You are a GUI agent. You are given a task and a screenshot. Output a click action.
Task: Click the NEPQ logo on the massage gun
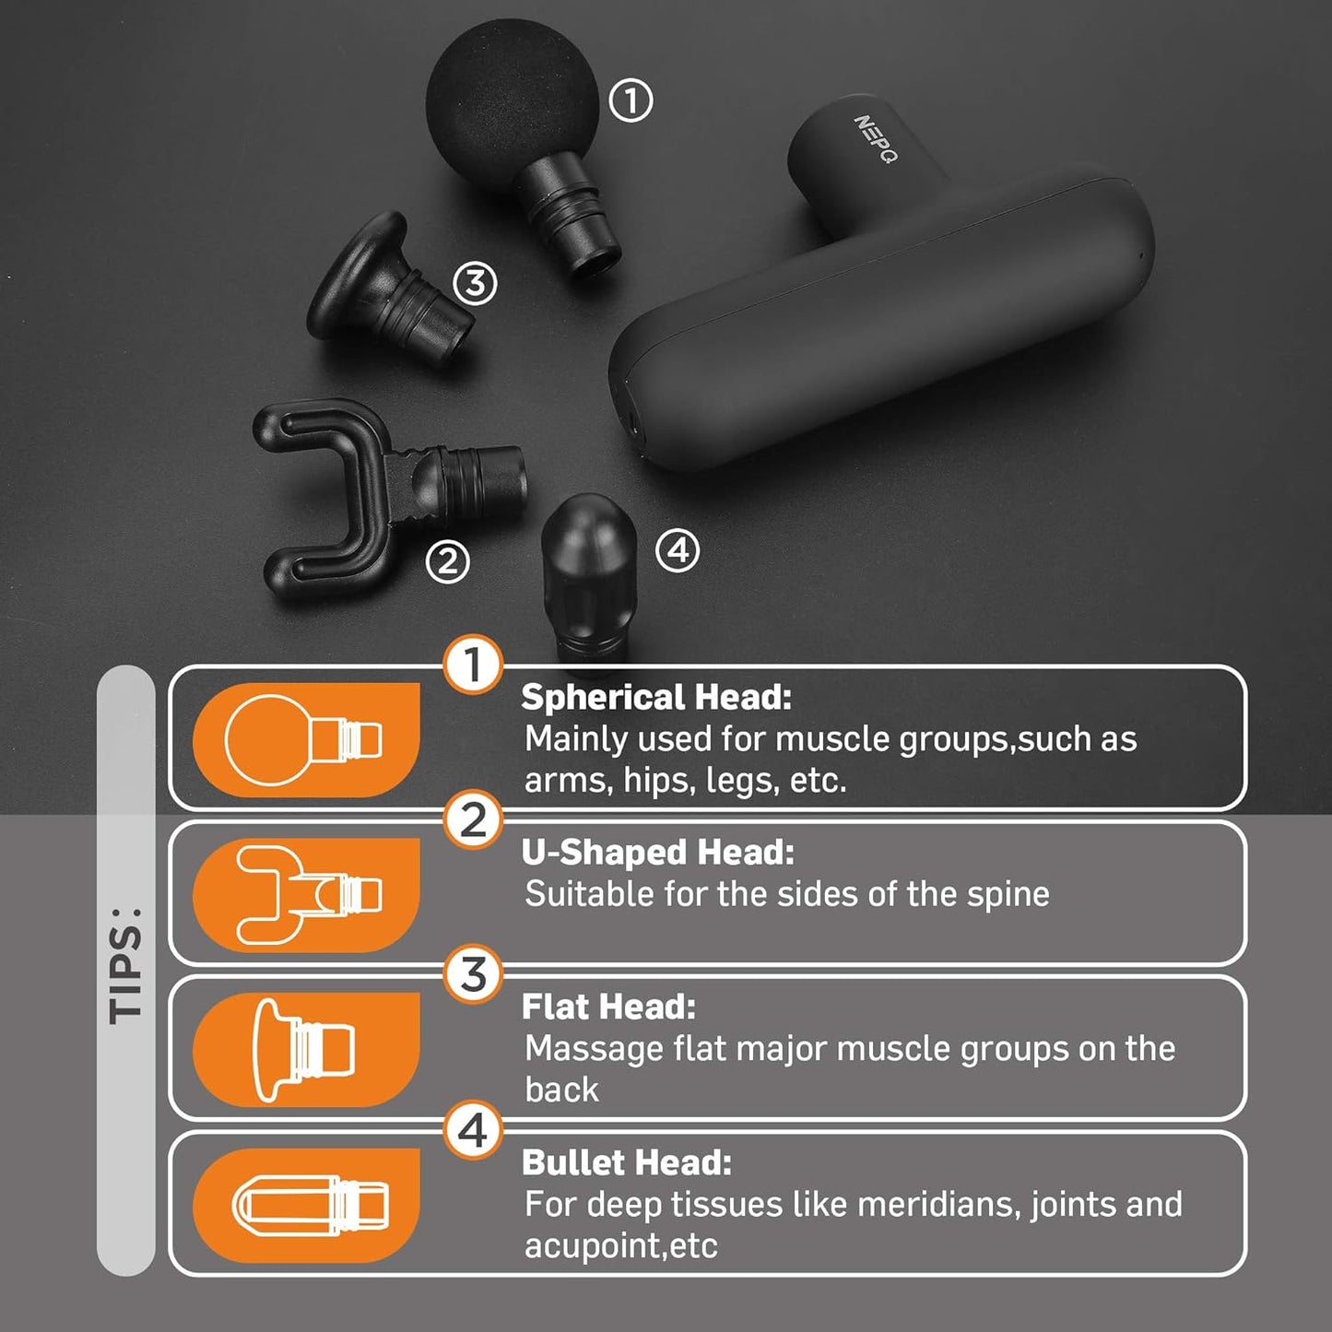[874, 138]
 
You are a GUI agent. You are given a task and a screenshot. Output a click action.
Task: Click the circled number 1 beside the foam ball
[631, 100]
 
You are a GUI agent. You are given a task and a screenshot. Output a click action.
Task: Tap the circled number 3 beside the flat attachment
[475, 283]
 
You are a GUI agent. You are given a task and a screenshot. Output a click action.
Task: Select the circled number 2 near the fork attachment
[448, 560]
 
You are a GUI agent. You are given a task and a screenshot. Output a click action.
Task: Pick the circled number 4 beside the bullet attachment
[678, 550]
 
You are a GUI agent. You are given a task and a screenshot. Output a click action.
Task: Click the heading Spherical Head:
[656, 697]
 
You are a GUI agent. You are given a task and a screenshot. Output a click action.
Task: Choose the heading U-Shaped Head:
[657, 853]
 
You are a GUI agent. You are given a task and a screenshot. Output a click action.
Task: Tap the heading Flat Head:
[608, 1007]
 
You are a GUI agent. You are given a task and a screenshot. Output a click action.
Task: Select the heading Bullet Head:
[626, 1162]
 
